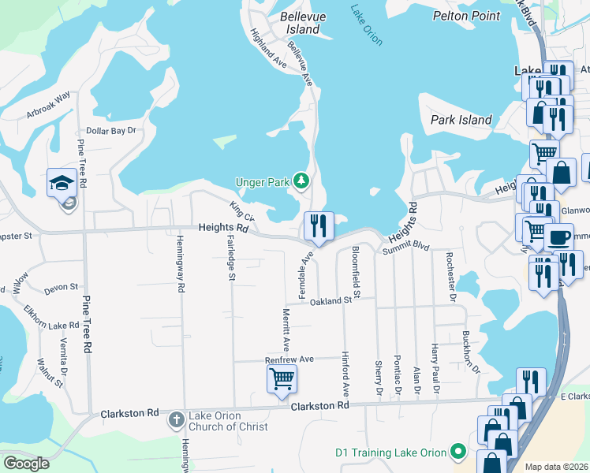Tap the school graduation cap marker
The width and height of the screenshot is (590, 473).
62,183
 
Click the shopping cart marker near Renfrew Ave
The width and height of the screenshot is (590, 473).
282,378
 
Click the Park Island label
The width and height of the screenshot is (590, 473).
461,120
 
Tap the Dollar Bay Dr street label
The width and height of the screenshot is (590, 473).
111,130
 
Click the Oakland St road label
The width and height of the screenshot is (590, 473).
330,301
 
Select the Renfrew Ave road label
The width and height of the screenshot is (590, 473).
289,359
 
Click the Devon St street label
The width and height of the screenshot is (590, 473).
62,288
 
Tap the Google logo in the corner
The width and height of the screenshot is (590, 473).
26,463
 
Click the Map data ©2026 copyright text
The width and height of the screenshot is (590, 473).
556,467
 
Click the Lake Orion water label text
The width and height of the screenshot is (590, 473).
367,23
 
